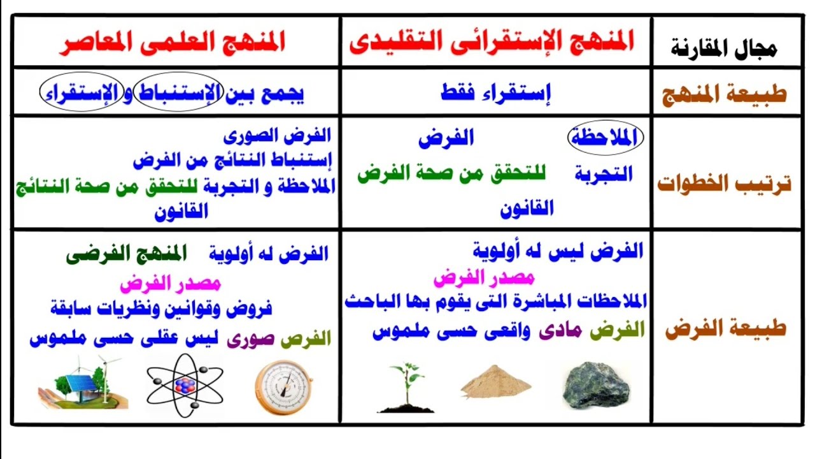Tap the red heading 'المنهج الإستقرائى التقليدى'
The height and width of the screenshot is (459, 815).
click(492, 42)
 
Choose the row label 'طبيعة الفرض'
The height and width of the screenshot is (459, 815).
click(725, 330)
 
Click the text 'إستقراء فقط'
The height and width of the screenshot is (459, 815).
click(495, 94)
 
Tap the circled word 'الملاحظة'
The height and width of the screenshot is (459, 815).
click(605, 138)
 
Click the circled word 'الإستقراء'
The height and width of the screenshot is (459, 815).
click(81, 94)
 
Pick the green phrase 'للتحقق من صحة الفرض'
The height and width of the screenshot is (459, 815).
click(455, 174)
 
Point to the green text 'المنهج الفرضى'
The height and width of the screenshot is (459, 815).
click(127, 254)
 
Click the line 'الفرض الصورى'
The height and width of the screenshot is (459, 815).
click(278, 135)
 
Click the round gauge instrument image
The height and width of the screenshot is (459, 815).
click(283, 386)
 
